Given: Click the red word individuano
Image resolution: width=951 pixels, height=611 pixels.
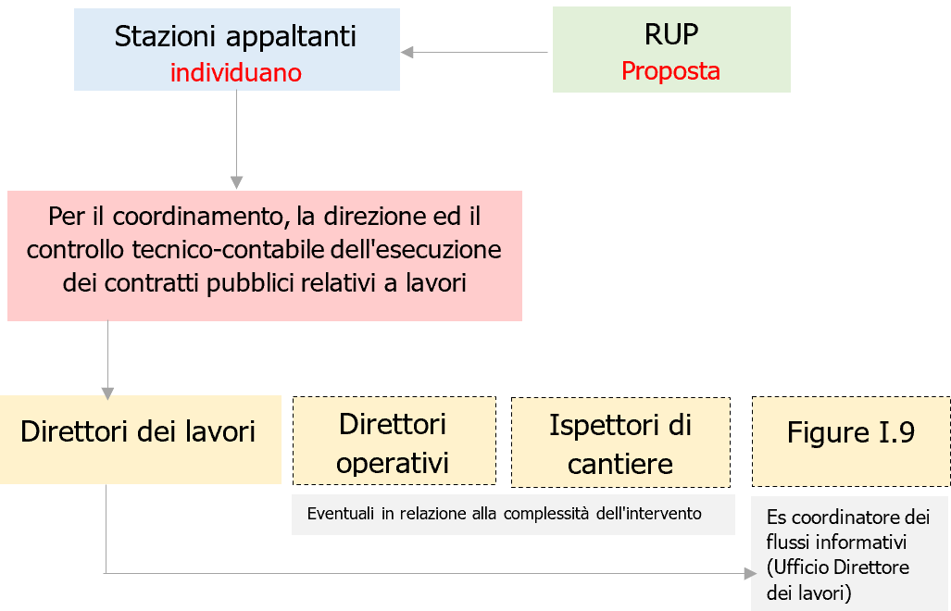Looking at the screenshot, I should point(236,72).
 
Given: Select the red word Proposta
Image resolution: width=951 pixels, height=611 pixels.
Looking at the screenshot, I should point(670,70).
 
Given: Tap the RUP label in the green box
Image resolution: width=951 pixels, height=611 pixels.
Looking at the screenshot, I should point(670,34).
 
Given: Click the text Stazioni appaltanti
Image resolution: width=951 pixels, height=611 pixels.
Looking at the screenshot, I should point(235,36).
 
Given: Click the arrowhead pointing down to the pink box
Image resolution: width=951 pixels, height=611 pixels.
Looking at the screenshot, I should point(237,181).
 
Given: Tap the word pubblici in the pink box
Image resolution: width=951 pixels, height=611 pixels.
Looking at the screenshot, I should point(253,282).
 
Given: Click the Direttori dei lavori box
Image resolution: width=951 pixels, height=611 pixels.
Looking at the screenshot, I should point(139,432).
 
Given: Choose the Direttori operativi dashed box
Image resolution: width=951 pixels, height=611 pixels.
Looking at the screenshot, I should point(394,443).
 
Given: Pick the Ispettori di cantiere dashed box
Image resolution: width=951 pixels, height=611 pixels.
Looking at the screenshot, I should point(619,443).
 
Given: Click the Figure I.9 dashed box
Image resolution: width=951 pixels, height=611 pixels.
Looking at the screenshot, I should point(850,432).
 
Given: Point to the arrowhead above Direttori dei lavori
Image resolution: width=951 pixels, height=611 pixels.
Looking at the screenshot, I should point(107,391).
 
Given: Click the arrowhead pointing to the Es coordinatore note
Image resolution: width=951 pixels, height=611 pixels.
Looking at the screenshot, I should point(750,573).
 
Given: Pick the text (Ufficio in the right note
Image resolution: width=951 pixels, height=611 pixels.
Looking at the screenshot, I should point(795,566).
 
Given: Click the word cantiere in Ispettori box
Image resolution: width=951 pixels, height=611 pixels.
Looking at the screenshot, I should point(619,463).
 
